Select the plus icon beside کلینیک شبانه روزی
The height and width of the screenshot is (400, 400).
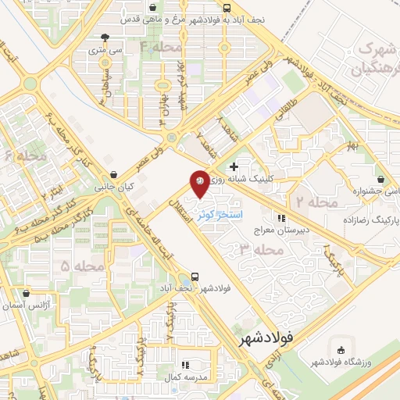tap(234, 166)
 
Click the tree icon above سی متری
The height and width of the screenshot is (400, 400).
tap(105, 36)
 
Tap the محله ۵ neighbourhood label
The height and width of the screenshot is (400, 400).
tap(77, 266)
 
